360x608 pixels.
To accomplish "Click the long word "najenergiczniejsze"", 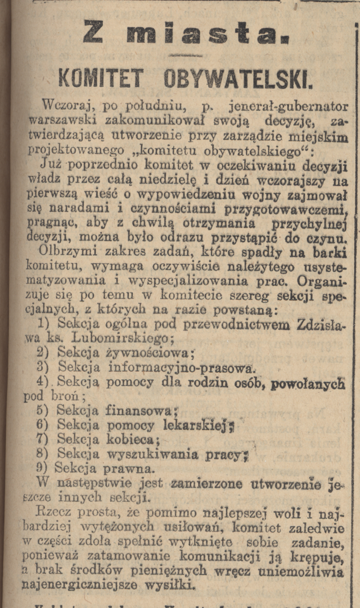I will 80,585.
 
